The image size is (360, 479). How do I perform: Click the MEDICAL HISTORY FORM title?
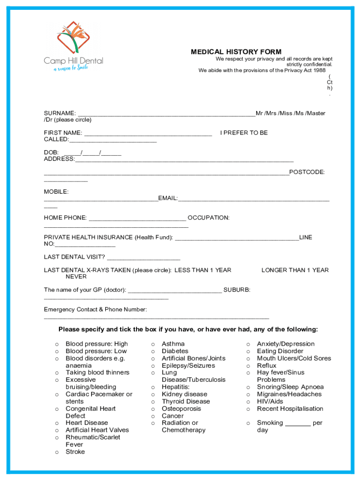click(236, 52)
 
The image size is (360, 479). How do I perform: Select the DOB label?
click(51, 152)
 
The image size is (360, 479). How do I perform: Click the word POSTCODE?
click(307, 172)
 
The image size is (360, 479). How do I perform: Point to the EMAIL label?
click(167, 198)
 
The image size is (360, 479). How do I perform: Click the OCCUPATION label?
click(208, 218)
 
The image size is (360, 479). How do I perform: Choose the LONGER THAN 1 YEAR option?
click(295, 270)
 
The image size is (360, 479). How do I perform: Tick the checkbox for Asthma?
click(152, 344)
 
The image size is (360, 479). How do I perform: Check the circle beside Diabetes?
click(152, 351)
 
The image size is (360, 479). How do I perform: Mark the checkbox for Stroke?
click(57, 452)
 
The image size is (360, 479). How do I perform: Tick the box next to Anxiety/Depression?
click(248, 344)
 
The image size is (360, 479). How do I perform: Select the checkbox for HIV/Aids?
click(248, 402)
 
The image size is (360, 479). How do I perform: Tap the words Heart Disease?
click(86, 423)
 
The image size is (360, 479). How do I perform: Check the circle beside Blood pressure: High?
click(57, 344)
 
